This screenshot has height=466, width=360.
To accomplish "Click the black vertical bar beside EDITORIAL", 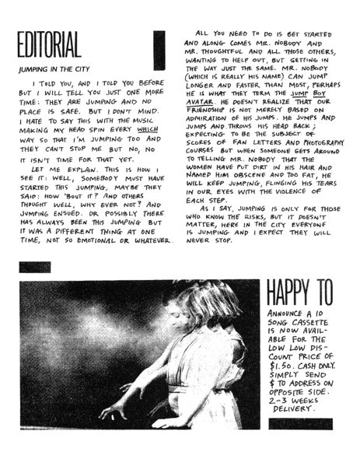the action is tap(159, 50).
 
